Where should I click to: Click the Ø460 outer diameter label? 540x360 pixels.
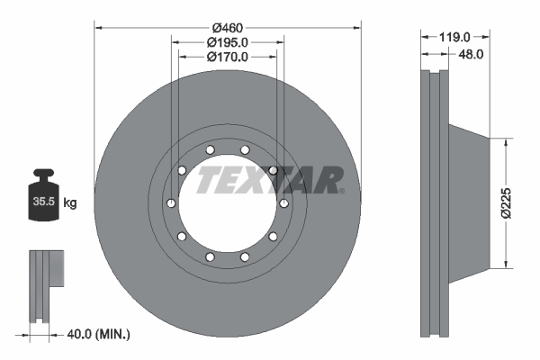click(x=228, y=28)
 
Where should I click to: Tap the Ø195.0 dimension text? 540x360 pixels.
click(x=228, y=42)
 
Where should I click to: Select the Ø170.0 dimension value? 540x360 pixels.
click(x=228, y=57)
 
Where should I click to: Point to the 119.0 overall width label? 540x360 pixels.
click(x=454, y=37)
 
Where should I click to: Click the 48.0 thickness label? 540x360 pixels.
click(x=471, y=54)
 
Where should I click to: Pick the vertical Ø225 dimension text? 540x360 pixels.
click(x=506, y=203)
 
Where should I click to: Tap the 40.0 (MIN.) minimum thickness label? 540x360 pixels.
click(x=98, y=334)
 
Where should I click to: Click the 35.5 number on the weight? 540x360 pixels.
click(x=44, y=202)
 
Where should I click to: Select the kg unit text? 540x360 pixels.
click(x=70, y=202)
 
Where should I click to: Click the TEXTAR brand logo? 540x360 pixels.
click(x=270, y=180)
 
